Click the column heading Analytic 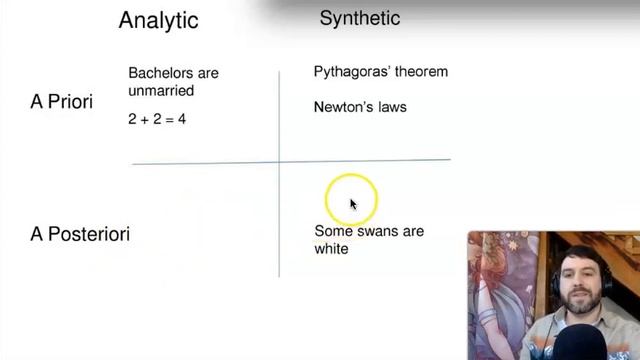tap(158, 20)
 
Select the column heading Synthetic tap(359, 18)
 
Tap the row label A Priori tap(62, 102)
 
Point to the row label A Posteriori tap(80, 234)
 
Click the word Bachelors tap(160, 73)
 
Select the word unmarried tap(161, 90)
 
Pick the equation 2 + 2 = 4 tap(157, 119)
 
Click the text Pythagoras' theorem tap(380, 72)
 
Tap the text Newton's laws tap(359, 106)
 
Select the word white tap(331, 248)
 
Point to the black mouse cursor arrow tap(353, 204)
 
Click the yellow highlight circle tap(351, 197)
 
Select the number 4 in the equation tap(182, 119)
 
